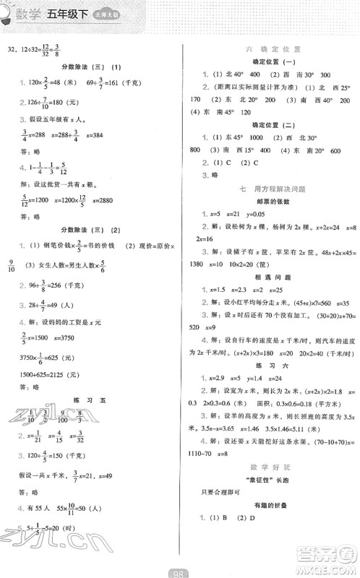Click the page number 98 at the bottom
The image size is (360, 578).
click(180, 571)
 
